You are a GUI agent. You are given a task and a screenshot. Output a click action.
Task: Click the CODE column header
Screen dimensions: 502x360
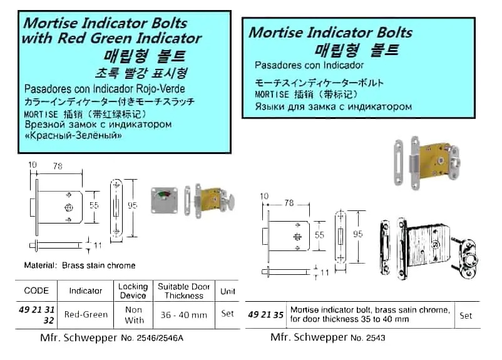click(x=36, y=291)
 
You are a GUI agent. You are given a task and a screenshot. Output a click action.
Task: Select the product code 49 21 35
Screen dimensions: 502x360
click(x=266, y=315)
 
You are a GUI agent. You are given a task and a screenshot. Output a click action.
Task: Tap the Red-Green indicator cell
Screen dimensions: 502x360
click(x=86, y=314)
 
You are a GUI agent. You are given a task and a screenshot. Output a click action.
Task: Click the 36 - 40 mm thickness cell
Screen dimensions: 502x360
click(x=184, y=315)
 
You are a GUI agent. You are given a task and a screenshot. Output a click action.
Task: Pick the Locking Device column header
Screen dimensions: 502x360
click(x=133, y=291)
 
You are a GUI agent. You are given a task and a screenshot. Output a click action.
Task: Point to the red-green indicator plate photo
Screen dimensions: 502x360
click(x=165, y=200)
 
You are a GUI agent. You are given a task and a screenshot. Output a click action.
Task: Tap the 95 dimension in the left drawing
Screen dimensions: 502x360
click(x=133, y=205)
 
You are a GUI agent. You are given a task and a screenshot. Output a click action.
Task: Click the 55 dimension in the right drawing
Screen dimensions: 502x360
click(x=319, y=235)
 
